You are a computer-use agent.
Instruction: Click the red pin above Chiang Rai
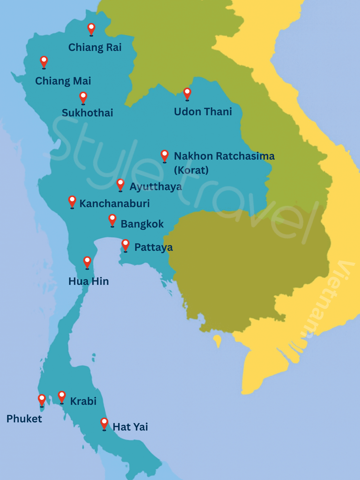tap(91, 29)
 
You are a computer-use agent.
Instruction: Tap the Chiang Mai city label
tap(63, 81)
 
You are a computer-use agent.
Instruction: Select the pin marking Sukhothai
tap(83, 97)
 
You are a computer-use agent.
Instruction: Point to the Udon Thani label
tap(203, 112)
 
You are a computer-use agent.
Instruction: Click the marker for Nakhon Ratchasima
tap(165, 156)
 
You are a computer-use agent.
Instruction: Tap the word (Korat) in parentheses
tap(191, 170)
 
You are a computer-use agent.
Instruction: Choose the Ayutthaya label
tap(156, 187)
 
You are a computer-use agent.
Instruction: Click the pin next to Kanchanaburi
tap(72, 201)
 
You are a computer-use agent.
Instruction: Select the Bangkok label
tap(142, 224)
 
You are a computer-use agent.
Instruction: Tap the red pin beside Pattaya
tap(125, 245)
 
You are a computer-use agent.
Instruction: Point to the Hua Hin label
tap(89, 281)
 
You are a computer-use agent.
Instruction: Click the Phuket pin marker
tap(42, 400)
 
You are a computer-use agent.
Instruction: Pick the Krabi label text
tap(83, 401)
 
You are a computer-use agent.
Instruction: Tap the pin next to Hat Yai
tap(104, 423)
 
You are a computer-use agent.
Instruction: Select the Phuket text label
tap(24, 419)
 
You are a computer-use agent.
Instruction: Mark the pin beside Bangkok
tap(112, 220)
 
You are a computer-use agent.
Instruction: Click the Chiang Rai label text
tap(95, 48)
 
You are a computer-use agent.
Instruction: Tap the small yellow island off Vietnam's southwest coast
tap(217, 340)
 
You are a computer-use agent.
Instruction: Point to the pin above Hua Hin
tap(87, 262)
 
